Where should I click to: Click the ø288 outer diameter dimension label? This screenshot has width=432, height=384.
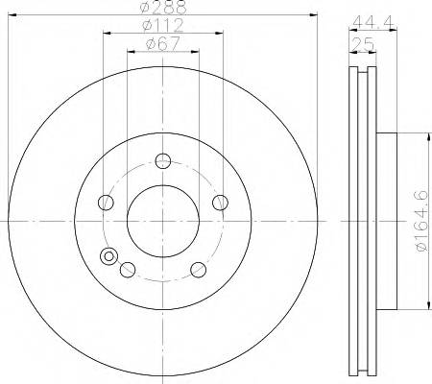point(162,8)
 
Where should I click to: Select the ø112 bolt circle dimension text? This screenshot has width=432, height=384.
point(162,24)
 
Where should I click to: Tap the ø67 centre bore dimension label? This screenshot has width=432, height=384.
point(162,42)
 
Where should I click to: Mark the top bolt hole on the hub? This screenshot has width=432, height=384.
point(163,160)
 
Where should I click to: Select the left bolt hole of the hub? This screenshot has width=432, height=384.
point(106,202)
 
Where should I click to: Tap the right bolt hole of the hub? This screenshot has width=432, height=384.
point(221,202)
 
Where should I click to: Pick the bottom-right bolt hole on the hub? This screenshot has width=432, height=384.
point(199,270)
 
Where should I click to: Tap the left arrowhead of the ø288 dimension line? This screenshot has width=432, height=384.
point(12,15)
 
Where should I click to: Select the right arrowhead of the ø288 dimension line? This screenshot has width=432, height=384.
point(312,15)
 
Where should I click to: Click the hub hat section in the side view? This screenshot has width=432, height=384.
point(386,221)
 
